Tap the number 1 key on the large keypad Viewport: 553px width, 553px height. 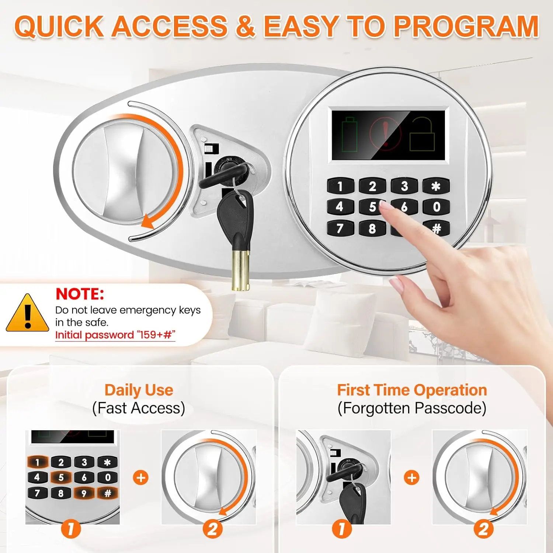340,186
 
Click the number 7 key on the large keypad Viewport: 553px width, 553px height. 340,229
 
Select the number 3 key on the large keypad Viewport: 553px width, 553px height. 404,186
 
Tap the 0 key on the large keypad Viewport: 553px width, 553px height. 436,207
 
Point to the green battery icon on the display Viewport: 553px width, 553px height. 349,135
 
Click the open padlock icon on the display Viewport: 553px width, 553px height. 422,135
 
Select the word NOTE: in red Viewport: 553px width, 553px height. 80,294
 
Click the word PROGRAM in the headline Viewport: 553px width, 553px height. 466,27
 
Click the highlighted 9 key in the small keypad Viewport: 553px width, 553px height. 84,493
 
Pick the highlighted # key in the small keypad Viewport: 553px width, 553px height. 107,493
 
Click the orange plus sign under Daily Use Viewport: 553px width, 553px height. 140,477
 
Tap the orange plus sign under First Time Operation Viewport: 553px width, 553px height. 411,477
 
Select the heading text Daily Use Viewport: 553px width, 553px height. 139,390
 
